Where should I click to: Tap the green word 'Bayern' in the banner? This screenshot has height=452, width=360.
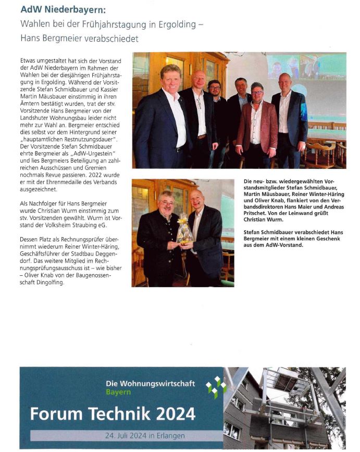click(x=118, y=392)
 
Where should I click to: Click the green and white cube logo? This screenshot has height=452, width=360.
click(x=216, y=387)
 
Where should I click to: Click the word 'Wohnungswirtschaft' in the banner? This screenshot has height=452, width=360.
click(x=157, y=384)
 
